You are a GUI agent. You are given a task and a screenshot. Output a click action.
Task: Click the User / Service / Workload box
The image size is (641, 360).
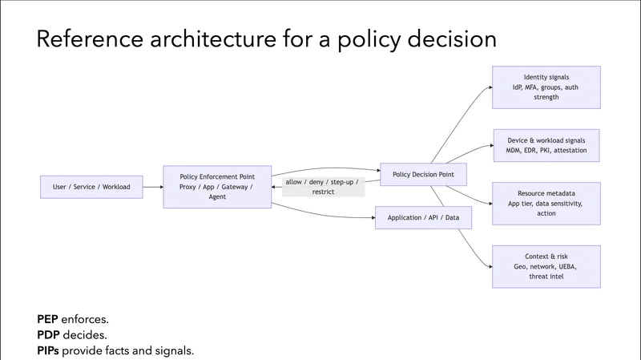click(91, 187)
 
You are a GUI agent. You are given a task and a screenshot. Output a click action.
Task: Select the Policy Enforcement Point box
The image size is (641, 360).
click(217, 187)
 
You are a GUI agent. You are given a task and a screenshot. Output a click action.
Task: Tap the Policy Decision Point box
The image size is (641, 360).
click(422, 175)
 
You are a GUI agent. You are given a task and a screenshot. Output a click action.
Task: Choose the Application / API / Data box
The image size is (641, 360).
click(423, 217)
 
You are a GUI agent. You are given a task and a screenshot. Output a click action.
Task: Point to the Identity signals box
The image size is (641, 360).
click(546, 87)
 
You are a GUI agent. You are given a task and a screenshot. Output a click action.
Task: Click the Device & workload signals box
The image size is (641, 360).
click(546, 144)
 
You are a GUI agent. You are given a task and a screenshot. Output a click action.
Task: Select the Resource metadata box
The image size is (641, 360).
click(546, 203)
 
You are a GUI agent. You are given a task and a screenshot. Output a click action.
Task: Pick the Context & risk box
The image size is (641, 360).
click(546, 265)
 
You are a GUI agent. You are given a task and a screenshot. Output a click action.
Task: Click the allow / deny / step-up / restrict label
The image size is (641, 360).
click(324, 187)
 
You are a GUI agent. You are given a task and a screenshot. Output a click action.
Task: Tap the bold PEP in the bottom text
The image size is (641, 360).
click(51, 319)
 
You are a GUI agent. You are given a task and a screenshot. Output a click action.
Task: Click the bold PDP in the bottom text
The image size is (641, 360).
click(51, 334)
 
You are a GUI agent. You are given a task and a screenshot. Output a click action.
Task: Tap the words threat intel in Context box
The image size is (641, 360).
click(546, 276)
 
